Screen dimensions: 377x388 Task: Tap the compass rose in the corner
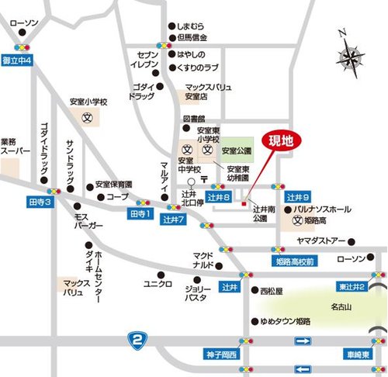point(352,56)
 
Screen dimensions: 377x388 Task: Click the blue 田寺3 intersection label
point(38,203)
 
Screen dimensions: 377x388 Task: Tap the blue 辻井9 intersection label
point(297,197)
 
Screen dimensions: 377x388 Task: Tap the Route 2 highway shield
point(137,338)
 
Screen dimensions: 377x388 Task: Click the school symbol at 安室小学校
point(88,120)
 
